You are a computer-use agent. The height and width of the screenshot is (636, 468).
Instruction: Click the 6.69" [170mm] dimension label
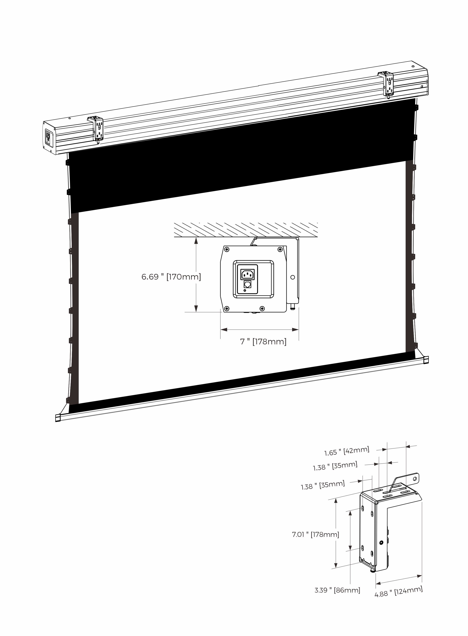[x=171, y=277]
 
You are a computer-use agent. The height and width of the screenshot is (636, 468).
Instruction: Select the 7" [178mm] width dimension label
[x=263, y=342]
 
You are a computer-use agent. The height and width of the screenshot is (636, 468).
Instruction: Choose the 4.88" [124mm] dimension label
[x=398, y=592]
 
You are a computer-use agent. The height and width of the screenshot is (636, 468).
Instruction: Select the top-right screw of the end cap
[x=280, y=249]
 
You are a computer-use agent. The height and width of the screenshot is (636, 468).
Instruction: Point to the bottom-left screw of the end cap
[x=227, y=308]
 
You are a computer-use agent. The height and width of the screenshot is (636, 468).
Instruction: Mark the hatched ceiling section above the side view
[x=245, y=230]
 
